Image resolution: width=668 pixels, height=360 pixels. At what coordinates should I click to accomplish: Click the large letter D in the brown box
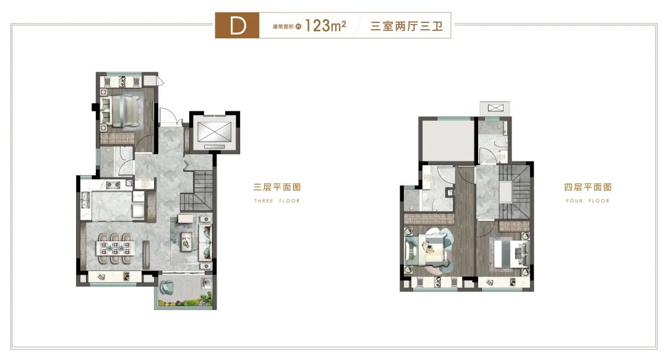coord(238,26)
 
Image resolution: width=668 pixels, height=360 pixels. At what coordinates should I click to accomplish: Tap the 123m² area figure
coord(325,25)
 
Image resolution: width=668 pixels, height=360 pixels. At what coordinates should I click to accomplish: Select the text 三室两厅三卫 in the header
coord(406,27)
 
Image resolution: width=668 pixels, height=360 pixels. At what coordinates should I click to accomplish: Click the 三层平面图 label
coord(277,187)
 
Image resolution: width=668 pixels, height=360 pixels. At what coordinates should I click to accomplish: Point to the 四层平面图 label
coord(588,187)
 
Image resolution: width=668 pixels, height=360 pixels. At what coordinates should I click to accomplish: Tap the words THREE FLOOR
coord(277,200)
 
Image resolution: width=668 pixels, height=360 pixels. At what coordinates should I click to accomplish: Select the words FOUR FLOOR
coord(588,200)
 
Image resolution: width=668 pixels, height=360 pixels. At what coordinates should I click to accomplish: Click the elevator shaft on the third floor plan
coord(214,132)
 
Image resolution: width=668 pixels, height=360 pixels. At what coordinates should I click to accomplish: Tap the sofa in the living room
coord(205,242)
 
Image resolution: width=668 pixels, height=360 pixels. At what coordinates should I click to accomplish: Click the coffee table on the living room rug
coord(186,241)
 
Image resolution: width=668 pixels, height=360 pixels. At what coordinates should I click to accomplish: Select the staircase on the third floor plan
coord(197,191)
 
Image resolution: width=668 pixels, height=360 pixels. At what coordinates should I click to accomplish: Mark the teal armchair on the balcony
coord(166,287)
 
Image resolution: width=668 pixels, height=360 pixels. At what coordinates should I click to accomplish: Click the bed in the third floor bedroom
coord(121,111)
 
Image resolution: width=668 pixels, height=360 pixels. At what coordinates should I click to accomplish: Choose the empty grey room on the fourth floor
coord(447,140)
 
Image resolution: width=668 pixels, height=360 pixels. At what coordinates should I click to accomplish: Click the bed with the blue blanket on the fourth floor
coord(510,252)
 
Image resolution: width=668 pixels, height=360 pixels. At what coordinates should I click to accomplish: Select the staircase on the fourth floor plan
coord(514,192)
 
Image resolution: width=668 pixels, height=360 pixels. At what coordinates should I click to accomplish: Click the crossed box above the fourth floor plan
coord(495,108)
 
